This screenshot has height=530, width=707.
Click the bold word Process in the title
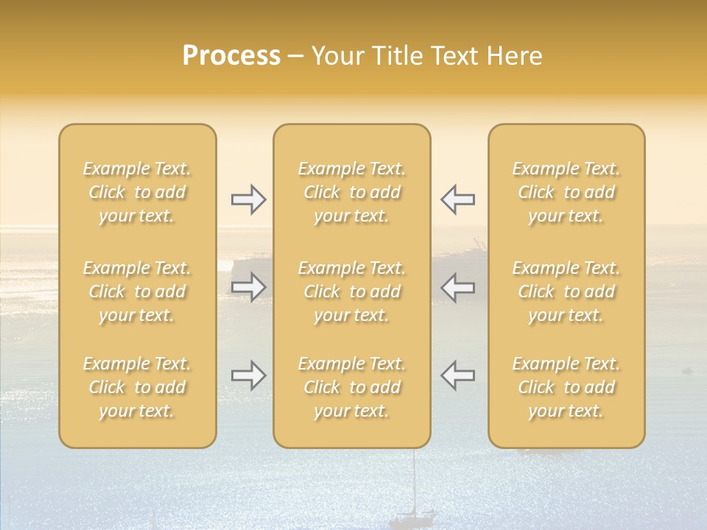(231, 56)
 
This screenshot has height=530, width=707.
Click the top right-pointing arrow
(248, 199)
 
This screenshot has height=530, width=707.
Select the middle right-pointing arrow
(248, 287)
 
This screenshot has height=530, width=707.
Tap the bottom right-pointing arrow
(248, 375)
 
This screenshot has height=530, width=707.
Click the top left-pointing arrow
(457, 199)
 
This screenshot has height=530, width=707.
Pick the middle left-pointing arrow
(457, 287)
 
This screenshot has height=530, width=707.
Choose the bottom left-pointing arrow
(457, 375)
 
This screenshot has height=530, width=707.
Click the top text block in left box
(137, 192)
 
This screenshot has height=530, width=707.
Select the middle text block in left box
(137, 291)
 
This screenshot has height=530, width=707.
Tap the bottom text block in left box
(137, 387)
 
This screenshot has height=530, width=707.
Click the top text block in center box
(352, 192)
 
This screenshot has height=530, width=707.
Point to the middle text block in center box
(352, 291)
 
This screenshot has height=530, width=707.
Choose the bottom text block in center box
(352, 387)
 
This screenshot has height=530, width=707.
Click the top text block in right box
(566, 192)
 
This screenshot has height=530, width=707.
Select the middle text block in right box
(566, 291)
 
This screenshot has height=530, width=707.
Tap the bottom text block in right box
(566, 387)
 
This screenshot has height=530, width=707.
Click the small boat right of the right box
(687, 370)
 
